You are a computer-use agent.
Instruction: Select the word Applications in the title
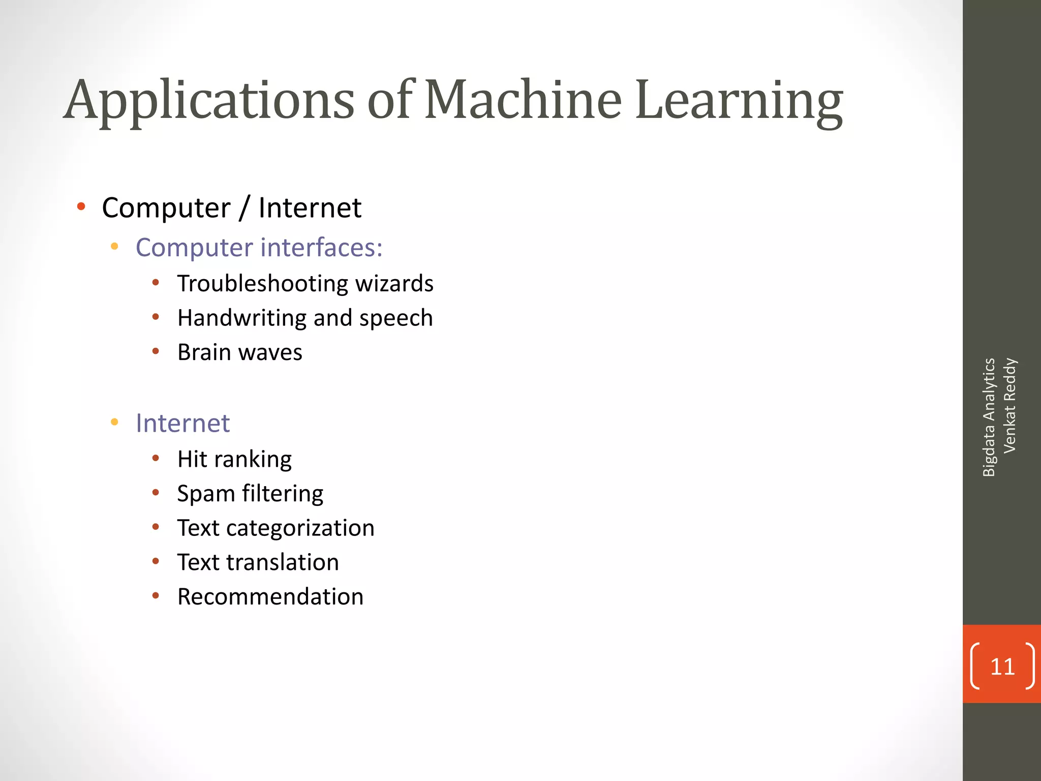click(x=209, y=101)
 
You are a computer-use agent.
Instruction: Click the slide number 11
click(x=1002, y=667)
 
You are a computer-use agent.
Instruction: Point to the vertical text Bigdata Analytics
click(x=989, y=417)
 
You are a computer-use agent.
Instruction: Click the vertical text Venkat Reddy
click(x=1009, y=405)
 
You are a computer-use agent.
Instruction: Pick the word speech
click(x=396, y=319)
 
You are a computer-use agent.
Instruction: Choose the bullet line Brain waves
click(x=239, y=352)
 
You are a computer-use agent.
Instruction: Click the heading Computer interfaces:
click(x=259, y=248)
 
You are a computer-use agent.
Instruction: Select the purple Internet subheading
click(x=182, y=423)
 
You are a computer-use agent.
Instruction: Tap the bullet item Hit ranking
click(x=234, y=460)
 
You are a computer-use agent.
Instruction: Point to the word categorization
click(x=300, y=528)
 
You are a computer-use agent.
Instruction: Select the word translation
click(x=283, y=562)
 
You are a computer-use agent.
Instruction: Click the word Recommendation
click(x=270, y=596)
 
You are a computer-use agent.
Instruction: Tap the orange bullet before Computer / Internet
click(x=81, y=206)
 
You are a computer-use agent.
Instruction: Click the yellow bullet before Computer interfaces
click(x=114, y=247)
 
